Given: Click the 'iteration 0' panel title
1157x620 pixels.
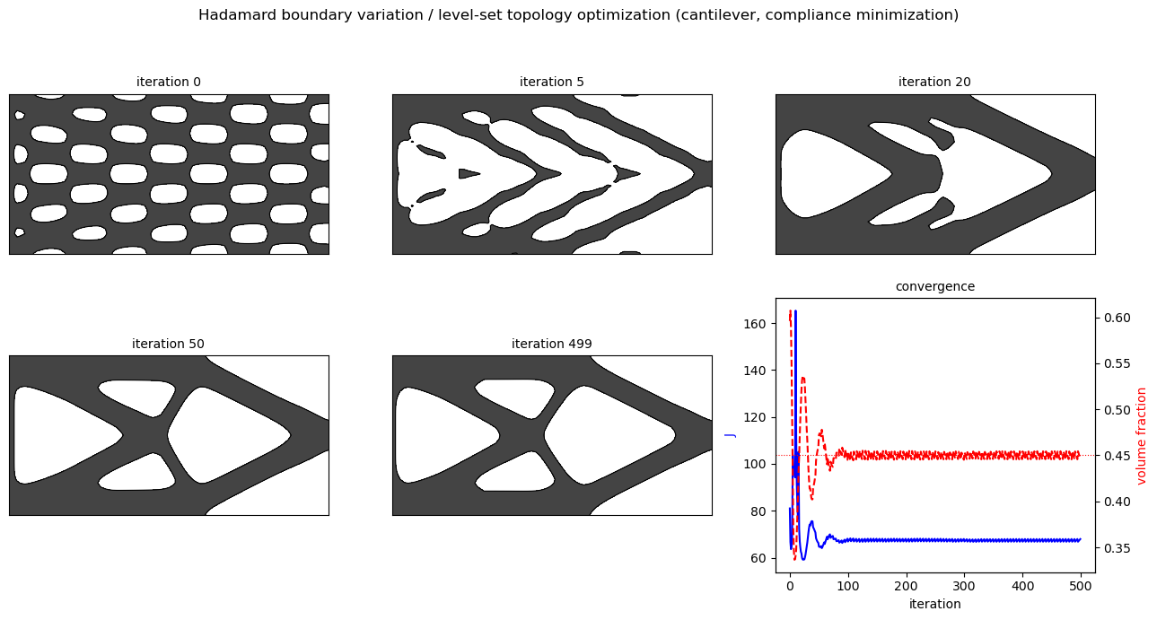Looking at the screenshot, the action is point(169,82).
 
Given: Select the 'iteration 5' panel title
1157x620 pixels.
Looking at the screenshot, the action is point(552,82).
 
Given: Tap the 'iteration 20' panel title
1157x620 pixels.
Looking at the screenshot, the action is point(934,82).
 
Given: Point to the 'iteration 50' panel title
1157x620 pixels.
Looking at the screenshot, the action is point(168,344).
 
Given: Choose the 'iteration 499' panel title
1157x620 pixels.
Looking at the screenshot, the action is point(552,344).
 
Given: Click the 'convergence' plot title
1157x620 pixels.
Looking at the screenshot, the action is point(935,286).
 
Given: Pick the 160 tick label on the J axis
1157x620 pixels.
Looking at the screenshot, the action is point(754,324).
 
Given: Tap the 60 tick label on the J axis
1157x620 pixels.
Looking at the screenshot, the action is point(758,558).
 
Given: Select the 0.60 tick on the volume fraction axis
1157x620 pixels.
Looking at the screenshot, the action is point(1118,318).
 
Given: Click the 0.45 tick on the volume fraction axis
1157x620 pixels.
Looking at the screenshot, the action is point(1118,455).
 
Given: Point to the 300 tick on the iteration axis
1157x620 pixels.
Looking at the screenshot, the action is point(964,586).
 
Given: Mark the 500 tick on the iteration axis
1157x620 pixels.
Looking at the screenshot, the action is point(1081,586).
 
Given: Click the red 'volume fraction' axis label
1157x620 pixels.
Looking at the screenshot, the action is point(1141,436).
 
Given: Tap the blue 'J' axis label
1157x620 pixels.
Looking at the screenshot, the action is point(731,436).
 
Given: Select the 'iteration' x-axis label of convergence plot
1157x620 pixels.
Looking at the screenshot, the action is point(935,604).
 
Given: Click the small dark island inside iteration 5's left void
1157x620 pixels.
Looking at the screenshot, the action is point(468,173).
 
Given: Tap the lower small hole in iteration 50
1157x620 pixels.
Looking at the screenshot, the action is point(139,473).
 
